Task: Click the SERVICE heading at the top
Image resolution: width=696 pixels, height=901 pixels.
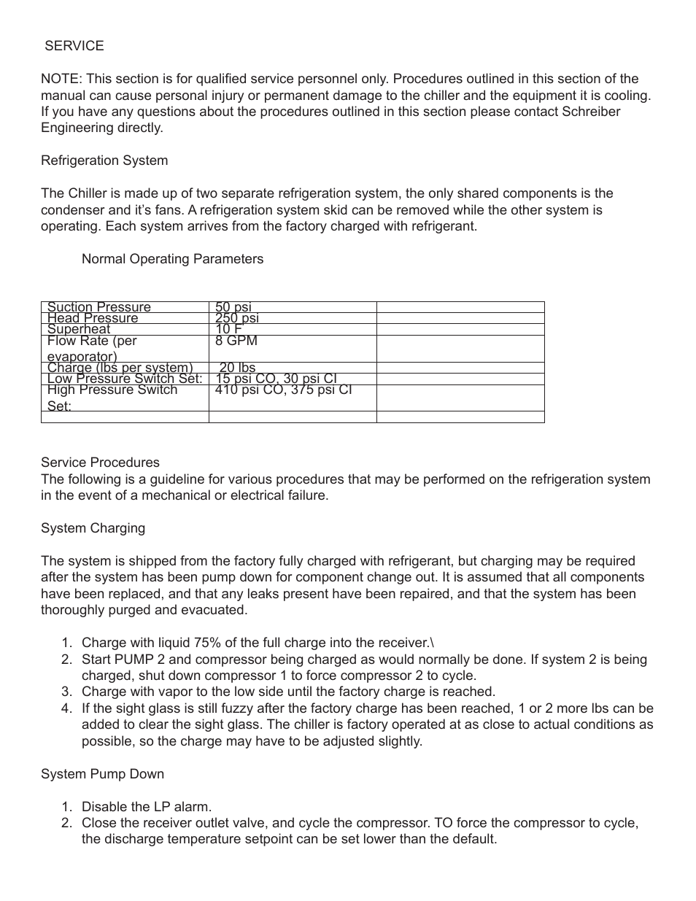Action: tap(74, 46)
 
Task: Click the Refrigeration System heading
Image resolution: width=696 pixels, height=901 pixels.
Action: tap(104, 161)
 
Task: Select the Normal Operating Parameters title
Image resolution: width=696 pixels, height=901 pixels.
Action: tap(172, 259)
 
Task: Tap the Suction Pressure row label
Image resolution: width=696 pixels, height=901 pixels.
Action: tap(98, 307)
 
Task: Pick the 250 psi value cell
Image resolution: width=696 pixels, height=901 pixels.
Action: tap(236, 318)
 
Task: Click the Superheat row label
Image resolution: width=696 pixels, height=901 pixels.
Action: tap(78, 329)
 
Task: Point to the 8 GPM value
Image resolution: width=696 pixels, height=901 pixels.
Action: tap(236, 341)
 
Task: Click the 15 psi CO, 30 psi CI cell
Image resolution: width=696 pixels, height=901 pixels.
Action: tap(276, 379)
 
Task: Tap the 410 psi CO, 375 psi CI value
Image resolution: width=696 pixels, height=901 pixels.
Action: tap(283, 390)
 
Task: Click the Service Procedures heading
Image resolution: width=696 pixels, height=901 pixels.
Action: tap(100, 463)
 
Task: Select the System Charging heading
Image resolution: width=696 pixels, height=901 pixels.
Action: tap(93, 528)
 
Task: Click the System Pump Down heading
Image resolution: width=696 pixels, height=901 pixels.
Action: tap(102, 774)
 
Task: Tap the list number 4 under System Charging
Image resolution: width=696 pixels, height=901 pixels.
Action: tap(66, 708)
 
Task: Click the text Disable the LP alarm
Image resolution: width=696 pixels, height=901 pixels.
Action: tap(146, 807)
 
